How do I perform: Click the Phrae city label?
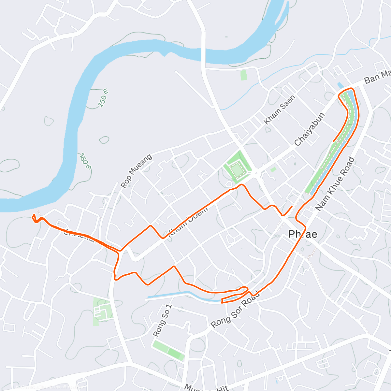(303, 234)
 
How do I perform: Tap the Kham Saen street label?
(280, 109)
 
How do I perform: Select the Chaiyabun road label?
(310, 129)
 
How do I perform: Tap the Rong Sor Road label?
(235, 309)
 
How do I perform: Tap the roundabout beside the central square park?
(256, 173)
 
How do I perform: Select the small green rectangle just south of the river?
(243, 75)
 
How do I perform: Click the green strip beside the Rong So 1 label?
(168, 350)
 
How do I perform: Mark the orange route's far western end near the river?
(34, 216)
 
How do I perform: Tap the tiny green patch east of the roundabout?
(273, 169)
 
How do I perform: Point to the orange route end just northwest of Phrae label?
(292, 206)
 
